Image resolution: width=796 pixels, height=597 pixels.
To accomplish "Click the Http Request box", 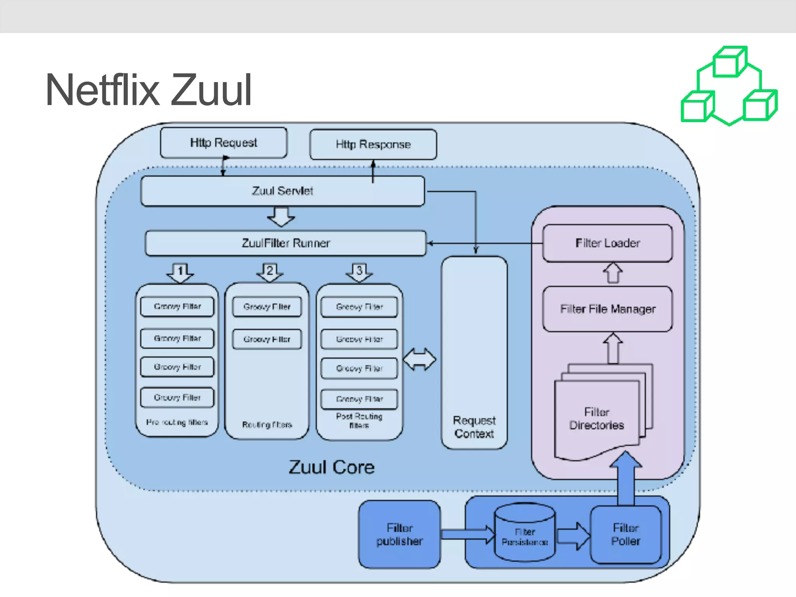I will [x=223, y=143].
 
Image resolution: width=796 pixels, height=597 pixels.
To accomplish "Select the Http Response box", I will [x=373, y=145].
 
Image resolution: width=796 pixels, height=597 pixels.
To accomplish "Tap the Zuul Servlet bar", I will [x=283, y=191].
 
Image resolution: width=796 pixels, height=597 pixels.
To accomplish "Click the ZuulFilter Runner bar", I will [x=286, y=243].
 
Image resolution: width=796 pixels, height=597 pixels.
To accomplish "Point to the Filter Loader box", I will [x=607, y=243].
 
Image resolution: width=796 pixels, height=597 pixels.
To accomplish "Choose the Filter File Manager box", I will [x=607, y=309].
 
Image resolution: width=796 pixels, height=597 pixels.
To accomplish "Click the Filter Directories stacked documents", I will [x=597, y=418].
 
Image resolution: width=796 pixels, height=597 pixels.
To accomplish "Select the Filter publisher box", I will [x=400, y=534].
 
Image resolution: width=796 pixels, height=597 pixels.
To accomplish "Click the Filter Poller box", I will [x=625, y=534].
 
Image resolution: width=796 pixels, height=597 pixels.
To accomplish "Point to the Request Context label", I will [x=474, y=427].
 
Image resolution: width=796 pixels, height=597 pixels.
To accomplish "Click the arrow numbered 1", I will [x=180, y=272].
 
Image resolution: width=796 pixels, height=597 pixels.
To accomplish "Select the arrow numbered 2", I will [x=270, y=272].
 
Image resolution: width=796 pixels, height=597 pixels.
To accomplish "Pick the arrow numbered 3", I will [x=359, y=272].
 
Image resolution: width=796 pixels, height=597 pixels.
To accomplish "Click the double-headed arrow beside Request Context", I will [x=420, y=360].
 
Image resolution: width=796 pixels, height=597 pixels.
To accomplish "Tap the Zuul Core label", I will [x=332, y=467].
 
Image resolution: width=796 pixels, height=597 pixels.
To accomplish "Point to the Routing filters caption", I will [x=267, y=424].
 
